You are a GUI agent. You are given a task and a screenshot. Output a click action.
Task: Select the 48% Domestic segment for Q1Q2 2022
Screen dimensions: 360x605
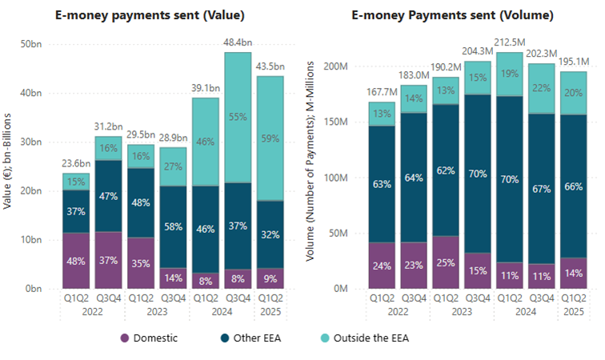point(76,260)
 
